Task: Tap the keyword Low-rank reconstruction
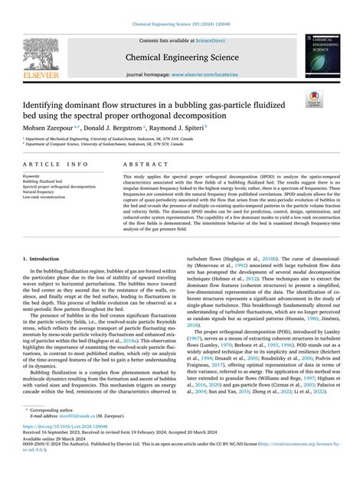47,197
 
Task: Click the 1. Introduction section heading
44,239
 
